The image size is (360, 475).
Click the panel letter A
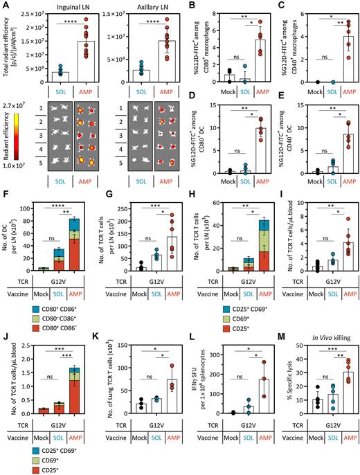click(5, 5)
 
